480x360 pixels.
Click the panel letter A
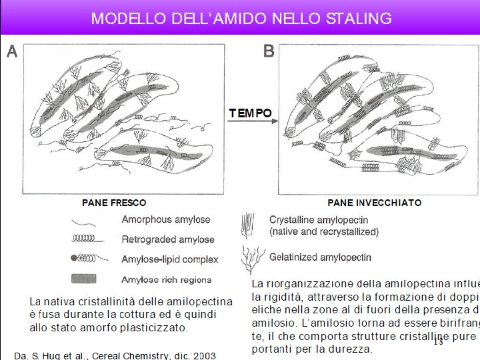[x=12, y=52]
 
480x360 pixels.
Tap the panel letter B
[x=269, y=52]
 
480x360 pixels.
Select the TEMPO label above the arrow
[x=250, y=113]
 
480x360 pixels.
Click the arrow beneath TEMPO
[x=250, y=125]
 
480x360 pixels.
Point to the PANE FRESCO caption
[x=114, y=203]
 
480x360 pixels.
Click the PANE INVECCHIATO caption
[x=375, y=203]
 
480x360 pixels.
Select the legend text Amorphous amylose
[x=165, y=219]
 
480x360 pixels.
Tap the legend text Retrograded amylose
[x=168, y=239]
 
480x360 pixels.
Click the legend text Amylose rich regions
[x=167, y=280]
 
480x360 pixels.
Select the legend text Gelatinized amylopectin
[x=320, y=257]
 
